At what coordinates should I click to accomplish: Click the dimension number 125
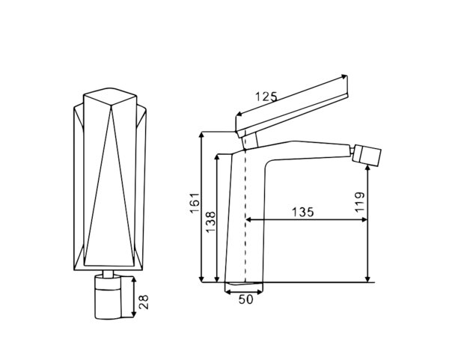click(266, 97)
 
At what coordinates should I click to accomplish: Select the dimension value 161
click(195, 203)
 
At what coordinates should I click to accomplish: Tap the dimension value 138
click(211, 222)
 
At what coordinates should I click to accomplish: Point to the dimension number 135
click(302, 213)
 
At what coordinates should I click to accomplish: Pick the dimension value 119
click(360, 202)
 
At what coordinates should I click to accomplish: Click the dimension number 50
click(246, 299)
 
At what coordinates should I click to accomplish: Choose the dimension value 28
click(144, 302)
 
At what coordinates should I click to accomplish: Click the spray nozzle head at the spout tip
click(367, 156)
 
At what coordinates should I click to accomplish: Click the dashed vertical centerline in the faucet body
click(245, 216)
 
